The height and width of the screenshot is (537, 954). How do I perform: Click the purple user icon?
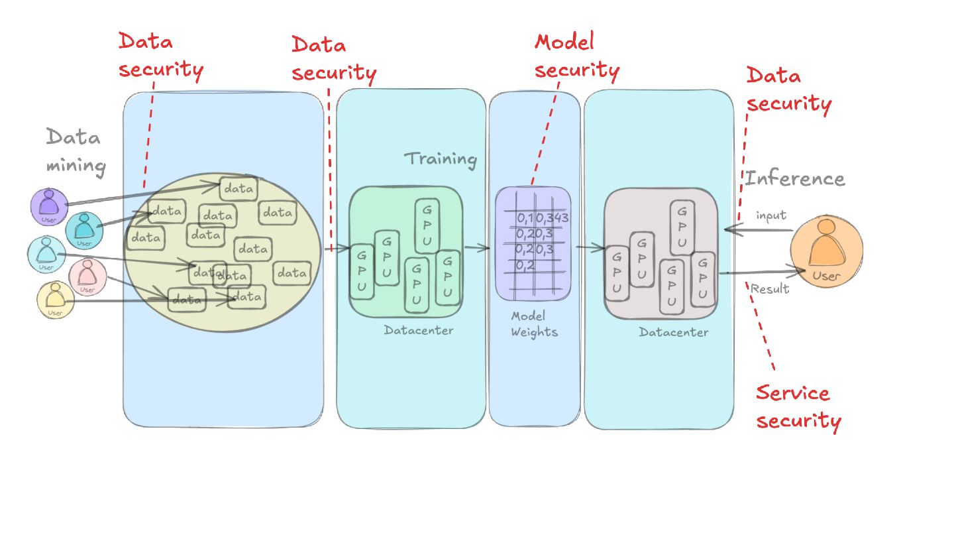pos(49,206)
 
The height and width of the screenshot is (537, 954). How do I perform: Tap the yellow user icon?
pos(55,299)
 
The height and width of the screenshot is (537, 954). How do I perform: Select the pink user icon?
pos(87,276)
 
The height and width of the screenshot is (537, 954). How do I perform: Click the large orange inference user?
pos(825,253)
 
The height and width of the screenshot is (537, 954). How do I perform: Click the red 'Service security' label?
pos(797,407)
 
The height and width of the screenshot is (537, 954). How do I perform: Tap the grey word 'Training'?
pos(441,159)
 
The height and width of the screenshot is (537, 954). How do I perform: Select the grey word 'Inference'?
pos(794,178)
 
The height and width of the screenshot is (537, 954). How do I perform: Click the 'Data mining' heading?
pos(74,152)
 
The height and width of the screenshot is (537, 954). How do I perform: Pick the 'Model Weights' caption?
pos(533,324)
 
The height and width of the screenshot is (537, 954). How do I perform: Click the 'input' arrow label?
pos(770,215)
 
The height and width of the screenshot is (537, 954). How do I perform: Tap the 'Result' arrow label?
pos(769,288)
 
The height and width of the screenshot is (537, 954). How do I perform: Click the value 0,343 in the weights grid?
pos(553,217)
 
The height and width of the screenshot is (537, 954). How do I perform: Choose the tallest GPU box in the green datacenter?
pos(427,225)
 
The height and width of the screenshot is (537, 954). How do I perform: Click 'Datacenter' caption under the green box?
pos(418,329)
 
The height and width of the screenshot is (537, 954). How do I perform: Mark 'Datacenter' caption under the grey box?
pos(673,332)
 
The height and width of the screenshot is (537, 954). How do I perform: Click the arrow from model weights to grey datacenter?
pos(590,248)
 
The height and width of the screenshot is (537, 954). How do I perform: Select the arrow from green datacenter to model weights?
pos(476,248)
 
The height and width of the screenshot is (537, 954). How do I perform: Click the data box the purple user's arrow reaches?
pos(238,189)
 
